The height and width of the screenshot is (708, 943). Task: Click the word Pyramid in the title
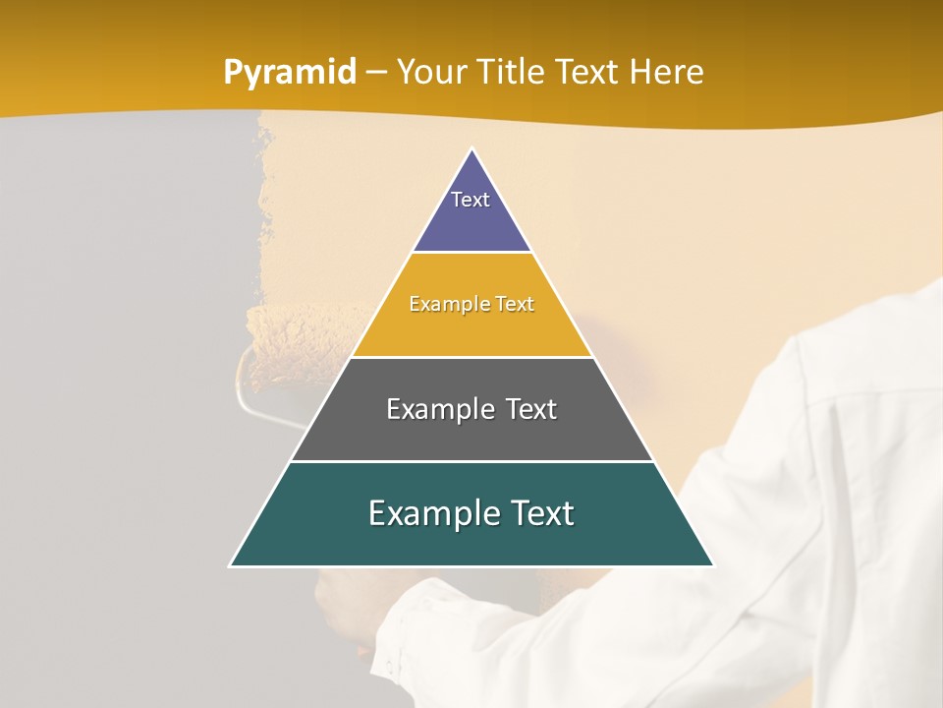(290, 73)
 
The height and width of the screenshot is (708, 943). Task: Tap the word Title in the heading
(513, 72)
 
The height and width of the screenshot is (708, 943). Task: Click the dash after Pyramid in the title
(376, 74)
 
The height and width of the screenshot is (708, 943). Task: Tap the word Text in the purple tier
(471, 200)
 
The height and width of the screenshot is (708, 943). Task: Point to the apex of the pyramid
(472, 150)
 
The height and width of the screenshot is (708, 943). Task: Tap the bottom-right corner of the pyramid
(712, 565)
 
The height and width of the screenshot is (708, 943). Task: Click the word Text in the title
(588, 72)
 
